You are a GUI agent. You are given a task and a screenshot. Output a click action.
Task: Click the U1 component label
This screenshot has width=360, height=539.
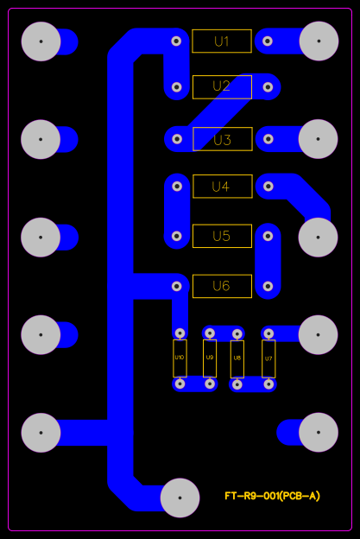222,41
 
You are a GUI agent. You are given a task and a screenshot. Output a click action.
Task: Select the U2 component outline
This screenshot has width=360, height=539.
222,86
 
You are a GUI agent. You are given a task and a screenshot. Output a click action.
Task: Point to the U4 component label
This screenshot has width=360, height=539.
222,187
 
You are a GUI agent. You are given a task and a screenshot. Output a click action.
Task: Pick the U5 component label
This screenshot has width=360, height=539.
222,236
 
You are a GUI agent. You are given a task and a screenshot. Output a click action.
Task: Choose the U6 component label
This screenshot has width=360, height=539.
222,286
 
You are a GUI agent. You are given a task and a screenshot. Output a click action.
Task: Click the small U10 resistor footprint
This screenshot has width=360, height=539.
180,358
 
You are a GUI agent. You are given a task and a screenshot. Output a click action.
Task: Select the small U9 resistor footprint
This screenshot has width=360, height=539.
210,358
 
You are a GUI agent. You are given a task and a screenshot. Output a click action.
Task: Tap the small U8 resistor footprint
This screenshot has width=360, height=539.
237,358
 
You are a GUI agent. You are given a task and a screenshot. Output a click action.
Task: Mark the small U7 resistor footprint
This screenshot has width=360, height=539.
268,358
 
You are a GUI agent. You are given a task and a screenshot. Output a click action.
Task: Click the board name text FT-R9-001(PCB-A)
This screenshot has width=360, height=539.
272,496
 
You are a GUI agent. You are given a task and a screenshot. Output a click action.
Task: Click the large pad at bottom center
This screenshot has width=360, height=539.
180,498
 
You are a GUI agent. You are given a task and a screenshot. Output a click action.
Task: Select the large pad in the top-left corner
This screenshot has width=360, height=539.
41,41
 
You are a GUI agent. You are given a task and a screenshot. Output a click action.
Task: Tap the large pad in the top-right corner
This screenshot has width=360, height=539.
319,41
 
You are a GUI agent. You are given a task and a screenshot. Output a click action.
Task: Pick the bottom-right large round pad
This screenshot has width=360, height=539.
319,432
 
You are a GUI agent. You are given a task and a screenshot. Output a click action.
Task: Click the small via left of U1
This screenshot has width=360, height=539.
177,41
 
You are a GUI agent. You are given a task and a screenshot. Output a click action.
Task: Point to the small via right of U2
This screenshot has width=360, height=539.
268,86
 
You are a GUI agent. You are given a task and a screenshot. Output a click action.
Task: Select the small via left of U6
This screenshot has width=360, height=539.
177,285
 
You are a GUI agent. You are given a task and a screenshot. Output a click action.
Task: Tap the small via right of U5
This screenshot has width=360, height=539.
268,235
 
